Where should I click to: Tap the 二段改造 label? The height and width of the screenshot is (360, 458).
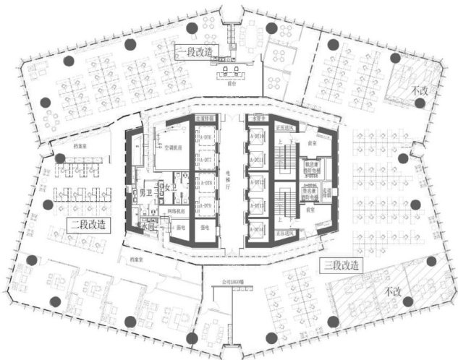pyautogui.click(x=88, y=224)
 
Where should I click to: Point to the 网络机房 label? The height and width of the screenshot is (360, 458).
pyautogui.click(x=177, y=210)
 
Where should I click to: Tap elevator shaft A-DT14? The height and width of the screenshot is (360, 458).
pyautogui.click(x=255, y=228)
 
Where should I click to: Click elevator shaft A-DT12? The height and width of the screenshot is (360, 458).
pyautogui.click(x=255, y=183)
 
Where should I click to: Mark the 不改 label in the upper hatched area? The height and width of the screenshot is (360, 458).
pyautogui.click(x=420, y=90)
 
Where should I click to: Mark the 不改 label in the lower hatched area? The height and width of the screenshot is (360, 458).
pyautogui.click(x=393, y=291)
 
